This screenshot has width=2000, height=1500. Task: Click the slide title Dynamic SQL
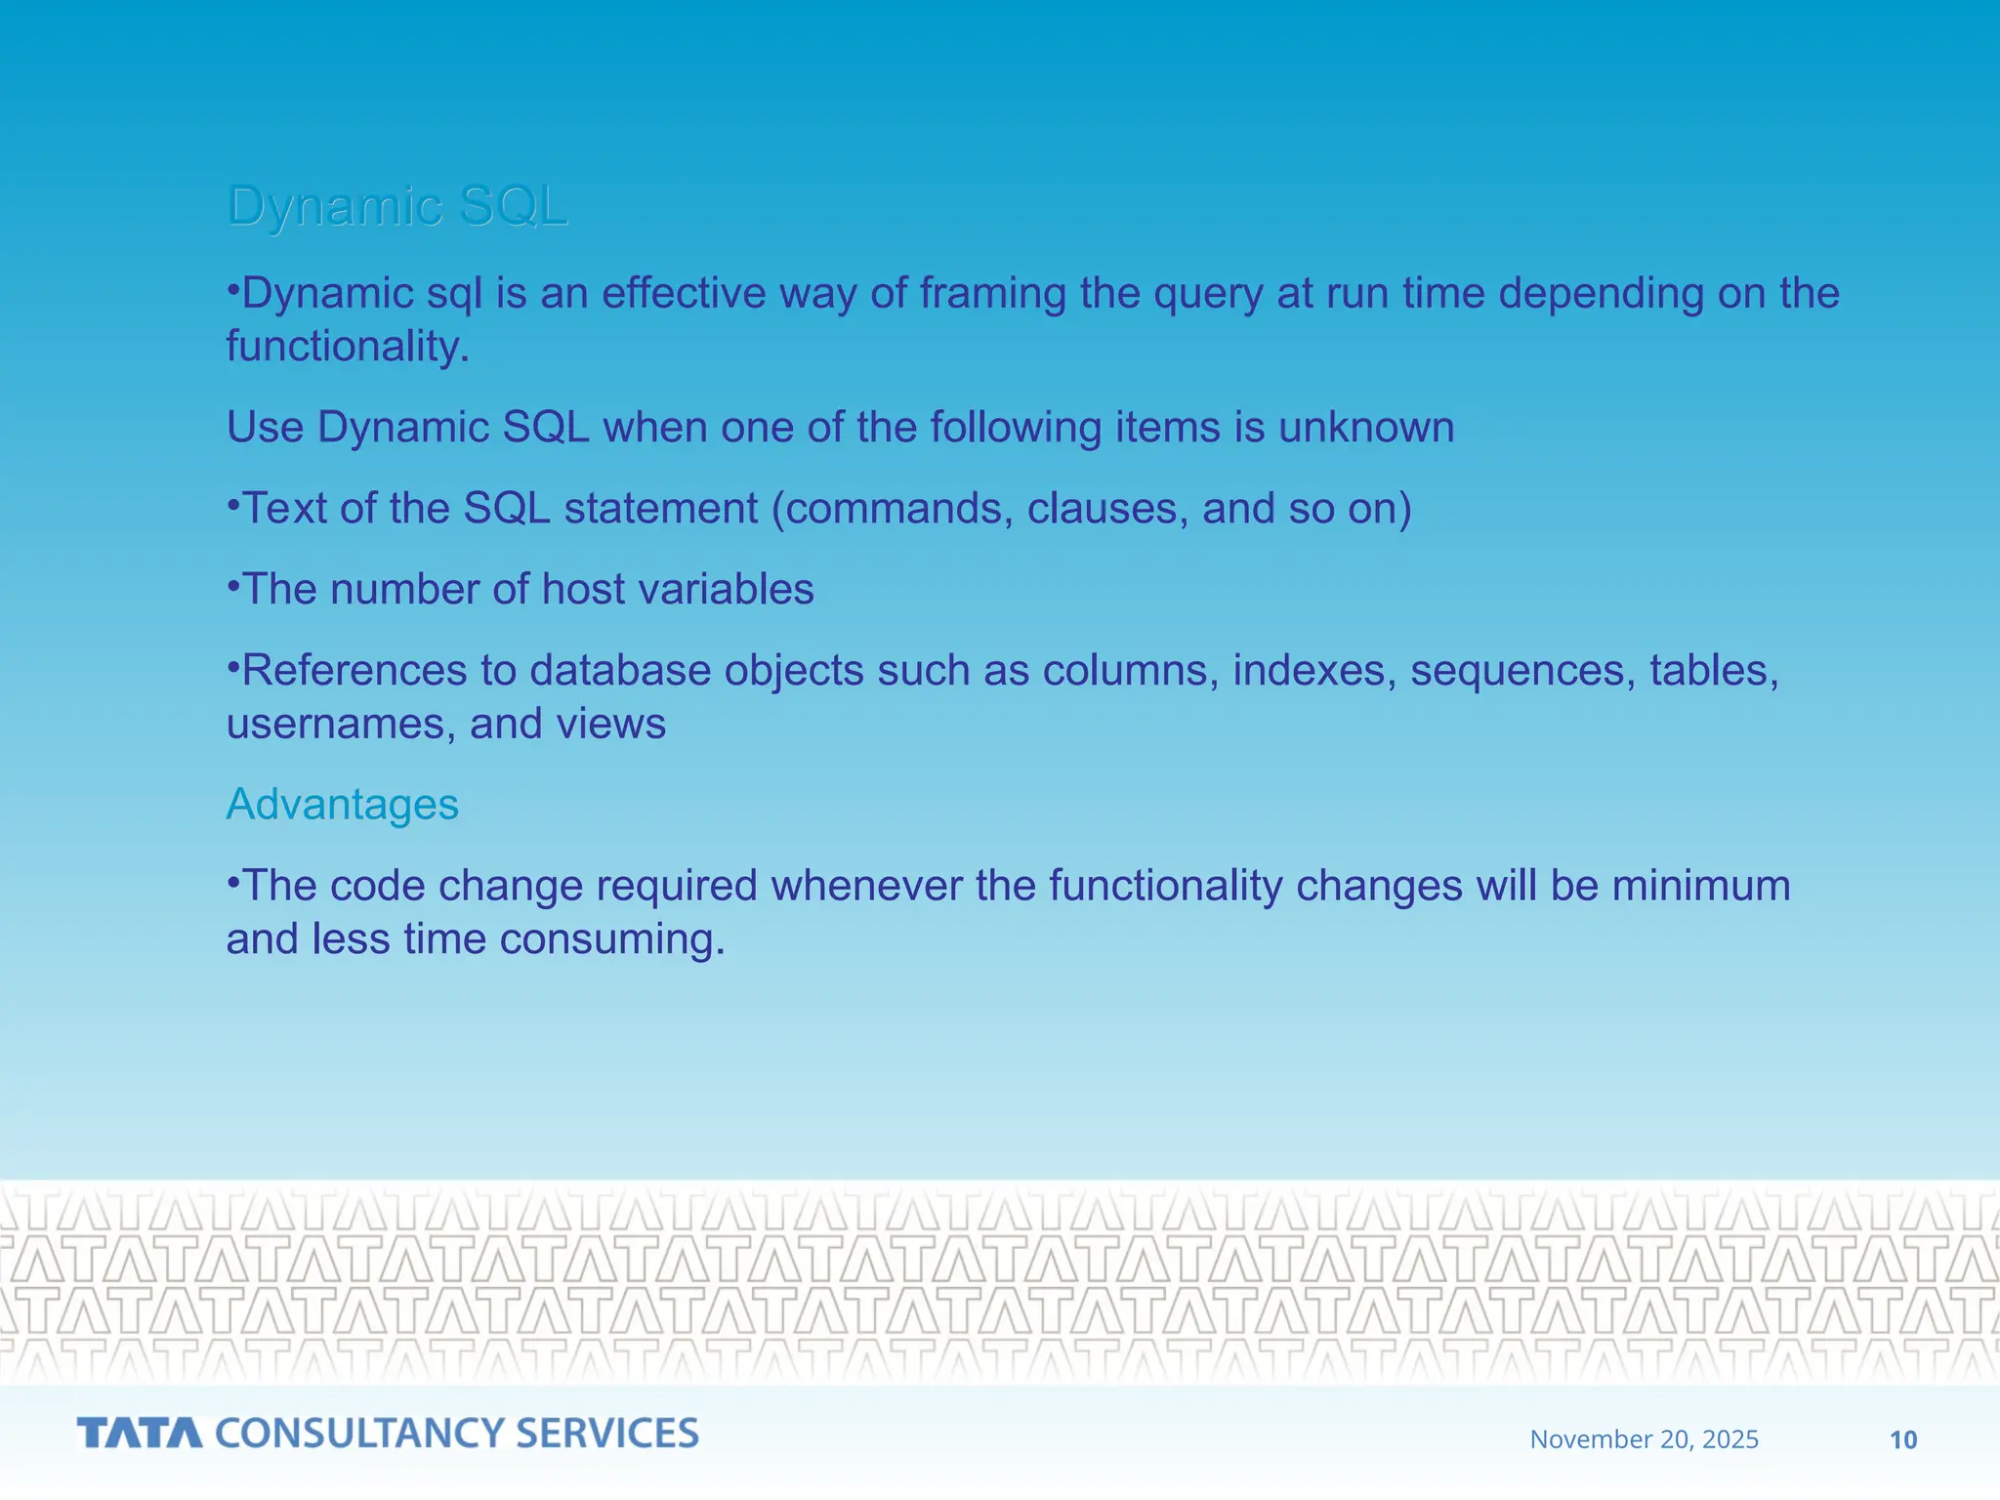[396, 206]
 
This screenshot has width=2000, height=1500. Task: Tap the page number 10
[1903, 1439]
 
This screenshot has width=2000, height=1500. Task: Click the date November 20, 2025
[1644, 1439]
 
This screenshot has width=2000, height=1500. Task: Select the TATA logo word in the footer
[140, 1434]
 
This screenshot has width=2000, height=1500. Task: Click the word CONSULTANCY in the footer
[359, 1434]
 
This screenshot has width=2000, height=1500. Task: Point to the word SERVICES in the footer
[606, 1434]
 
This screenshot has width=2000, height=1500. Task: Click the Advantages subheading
[342, 805]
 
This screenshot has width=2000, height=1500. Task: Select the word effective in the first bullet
[683, 293]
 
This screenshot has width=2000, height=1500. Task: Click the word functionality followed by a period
[347, 347]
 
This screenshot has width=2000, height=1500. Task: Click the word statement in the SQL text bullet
[660, 509]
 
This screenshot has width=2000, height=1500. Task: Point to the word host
[584, 590]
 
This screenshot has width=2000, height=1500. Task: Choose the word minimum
[1700, 886]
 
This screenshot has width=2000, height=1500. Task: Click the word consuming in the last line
[611, 939]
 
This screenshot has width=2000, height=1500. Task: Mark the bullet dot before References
[233, 668]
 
